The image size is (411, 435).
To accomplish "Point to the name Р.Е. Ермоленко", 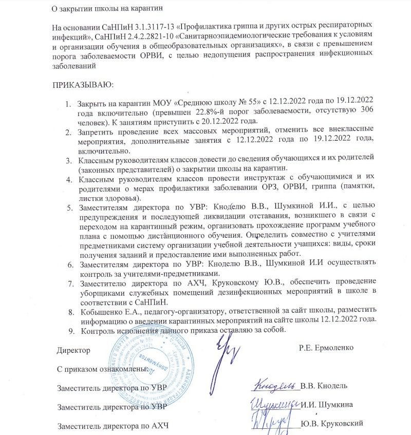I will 326,348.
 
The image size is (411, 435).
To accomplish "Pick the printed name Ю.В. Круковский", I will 332,423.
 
